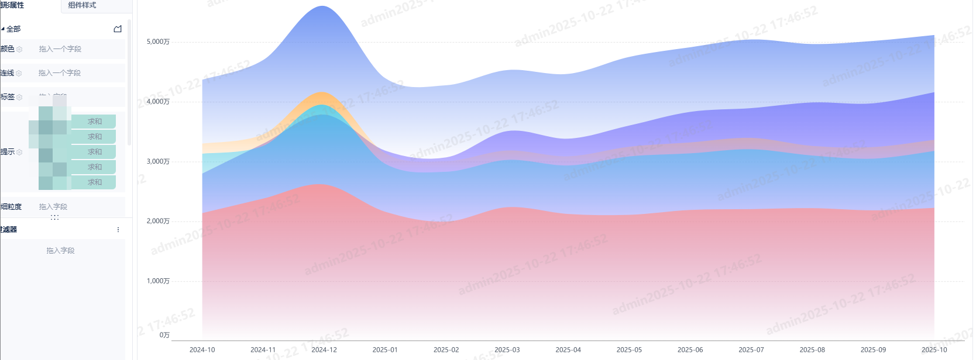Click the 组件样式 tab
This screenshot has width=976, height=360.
pyautogui.click(x=82, y=5)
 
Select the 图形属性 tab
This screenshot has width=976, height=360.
pyautogui.click(x=12, y=5)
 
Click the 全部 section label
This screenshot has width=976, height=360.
pyautogui.click(x=13, y=29)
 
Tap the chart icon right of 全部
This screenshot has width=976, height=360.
pyautogui.click(x=118, y=29)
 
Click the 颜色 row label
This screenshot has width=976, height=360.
pyautogui.click(x=8, y=49)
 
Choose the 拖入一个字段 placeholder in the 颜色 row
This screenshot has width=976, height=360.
pyautogui.click(x=60, y=49)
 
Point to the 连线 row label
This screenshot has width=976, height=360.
pyautogui.click(x=8, y=73)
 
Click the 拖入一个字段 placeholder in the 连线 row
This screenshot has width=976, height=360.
pyautogui.click(x=60, y=73)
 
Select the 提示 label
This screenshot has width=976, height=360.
pyautogui.click(x=8, y=152)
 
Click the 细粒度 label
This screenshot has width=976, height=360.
pyautogui.click(x=11, y=207)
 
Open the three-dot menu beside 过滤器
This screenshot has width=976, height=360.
pyautogui.click(x=118, y=230)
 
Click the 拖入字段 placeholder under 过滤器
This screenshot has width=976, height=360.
pyautogui.click(x=61, y=251)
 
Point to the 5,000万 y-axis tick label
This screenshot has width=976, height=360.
pyautogui.click(x=158, y=42)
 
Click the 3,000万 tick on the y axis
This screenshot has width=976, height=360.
pyautogui.click(x=158, y=161)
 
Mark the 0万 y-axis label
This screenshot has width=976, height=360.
pyautogui.click(x=164, y=335)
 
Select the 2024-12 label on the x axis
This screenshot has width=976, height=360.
pyautogui.click(x=324, y=350)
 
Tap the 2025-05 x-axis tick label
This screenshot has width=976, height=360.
pyautogui.click(x=629, y=350)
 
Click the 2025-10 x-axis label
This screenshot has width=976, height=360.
pyautogui.click(x=934, y=350)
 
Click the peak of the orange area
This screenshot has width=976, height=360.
pyautogui.click(x=321, y=94)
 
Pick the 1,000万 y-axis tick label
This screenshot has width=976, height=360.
pyautogui.click(x=158, y=281)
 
